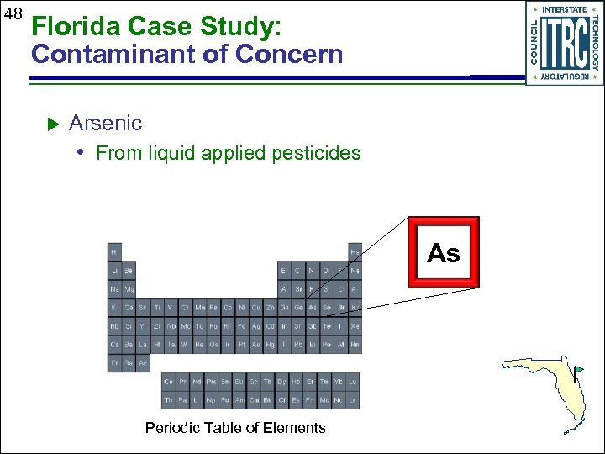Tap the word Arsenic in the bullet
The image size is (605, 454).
coord(105,124)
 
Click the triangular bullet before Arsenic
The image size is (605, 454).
coord(51,124)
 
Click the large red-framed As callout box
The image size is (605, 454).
coord(444,252)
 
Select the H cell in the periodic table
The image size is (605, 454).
coord(113,251)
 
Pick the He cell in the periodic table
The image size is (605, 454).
coord(355,251)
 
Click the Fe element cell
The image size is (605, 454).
coord(213,308)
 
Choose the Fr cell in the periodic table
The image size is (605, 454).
coord(113,363)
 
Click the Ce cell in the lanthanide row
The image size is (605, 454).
coord(170,382)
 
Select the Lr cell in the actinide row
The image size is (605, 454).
coord(353,400)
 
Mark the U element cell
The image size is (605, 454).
coord(198,400)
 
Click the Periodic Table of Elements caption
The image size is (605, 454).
coord(235,428)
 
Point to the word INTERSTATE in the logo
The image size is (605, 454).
coord(564,10)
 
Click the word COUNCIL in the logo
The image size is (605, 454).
coord(534,42)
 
